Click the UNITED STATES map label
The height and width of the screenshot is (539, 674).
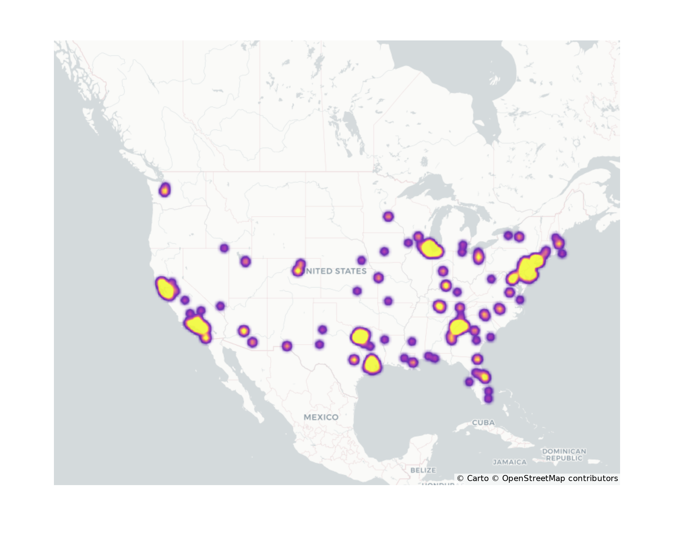coord(335,271)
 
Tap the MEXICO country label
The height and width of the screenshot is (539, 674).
coord(321,417)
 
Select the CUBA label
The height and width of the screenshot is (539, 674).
coord(483,422)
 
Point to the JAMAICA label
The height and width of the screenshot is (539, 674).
coord(510,462)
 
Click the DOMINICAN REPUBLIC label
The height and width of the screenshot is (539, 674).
coord(564,454)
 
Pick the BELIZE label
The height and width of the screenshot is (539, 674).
coord(423,470)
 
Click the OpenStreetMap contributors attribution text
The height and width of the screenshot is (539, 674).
coord(559,478)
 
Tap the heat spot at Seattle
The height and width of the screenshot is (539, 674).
coord(164,190)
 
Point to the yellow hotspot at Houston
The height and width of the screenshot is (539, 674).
coord(372,364)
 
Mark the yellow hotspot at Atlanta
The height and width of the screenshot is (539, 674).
coord(458,327)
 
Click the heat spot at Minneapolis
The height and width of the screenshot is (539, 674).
coord(388,216)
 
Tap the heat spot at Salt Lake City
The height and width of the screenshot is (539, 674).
coord(246,261)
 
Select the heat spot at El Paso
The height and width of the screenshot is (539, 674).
coord(286,346)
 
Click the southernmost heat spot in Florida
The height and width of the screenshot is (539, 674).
coord(488,399)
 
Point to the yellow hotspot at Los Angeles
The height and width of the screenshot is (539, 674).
coord(197,325)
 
